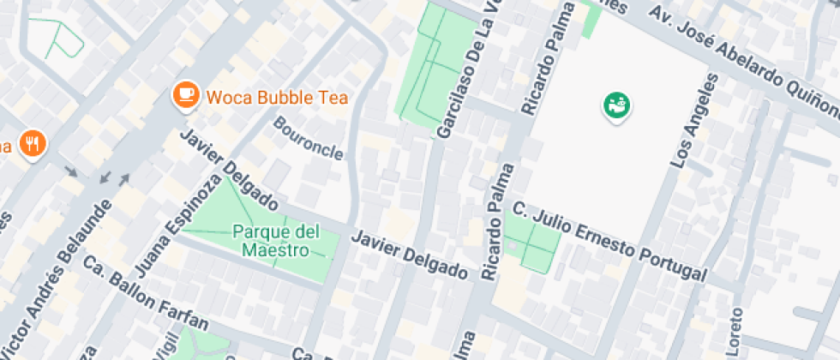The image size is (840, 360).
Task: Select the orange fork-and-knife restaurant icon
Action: tap(33, 143)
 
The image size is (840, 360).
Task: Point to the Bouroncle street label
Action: tap(309, 138)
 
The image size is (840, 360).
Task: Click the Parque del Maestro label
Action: tap(275, 241)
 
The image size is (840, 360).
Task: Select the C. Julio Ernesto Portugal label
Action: tap(609, 242)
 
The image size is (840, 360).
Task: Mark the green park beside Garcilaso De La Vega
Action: tap(433, 69)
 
